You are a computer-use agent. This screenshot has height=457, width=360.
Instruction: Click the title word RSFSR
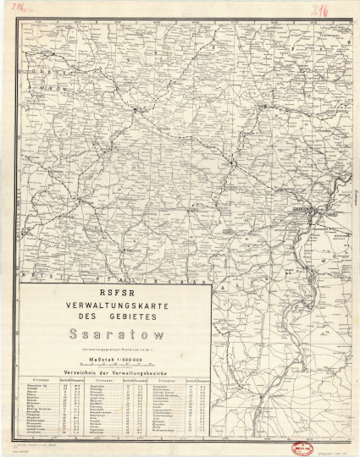click(x=115, y=295)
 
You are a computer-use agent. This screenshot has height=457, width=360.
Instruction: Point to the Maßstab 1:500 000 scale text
click(x=115, y=361)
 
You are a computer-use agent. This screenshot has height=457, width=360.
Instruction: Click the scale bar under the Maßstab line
click(x=115, y=367)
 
